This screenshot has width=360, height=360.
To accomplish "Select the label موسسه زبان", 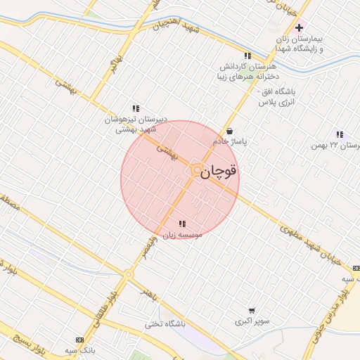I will (x=183, y=234).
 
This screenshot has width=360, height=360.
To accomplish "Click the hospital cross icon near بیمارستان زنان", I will (x=300, y=28).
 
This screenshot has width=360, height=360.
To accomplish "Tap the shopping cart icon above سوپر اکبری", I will (x=252, y=310).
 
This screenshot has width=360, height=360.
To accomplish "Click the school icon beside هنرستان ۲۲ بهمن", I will (x=340, y=134).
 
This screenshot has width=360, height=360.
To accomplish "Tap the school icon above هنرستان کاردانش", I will (x=247, y=56).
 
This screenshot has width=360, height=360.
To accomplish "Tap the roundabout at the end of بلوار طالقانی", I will (x=129, y=274).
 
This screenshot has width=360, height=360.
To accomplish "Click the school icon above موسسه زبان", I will (x=183, y=224).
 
